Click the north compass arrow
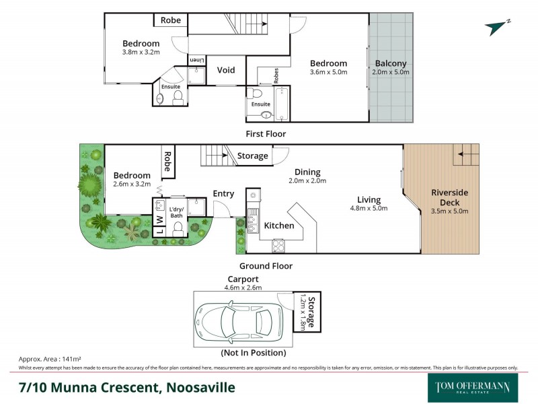coord(497,26)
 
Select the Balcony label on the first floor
coord(391,64)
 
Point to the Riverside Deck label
coord(449,197)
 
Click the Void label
coord(226,70)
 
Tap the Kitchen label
coord(278,226)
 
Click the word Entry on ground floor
coord(223,194)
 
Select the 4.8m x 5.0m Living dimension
coord(369,209)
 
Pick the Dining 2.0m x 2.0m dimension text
coord(307,180)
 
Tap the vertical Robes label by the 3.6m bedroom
coord(276,75)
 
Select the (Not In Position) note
coord(253,353)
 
